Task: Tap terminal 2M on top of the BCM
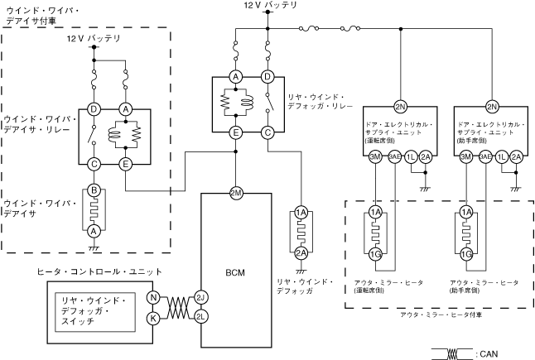tap(236, 193)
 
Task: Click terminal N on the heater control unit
tap(152, 297)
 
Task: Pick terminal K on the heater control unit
tap(152, 317)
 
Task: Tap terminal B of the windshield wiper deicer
tap(94, 190)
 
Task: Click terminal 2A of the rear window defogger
tap(301, 252)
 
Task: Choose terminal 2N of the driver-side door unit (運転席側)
tap(401, 107)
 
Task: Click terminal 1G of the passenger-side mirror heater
tap(467, 253)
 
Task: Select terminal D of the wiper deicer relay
tap(94, 108)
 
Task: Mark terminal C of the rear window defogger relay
tap(267, 132)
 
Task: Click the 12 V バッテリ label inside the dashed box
tap(92, 39)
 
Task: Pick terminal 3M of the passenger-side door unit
tap(466, 156)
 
